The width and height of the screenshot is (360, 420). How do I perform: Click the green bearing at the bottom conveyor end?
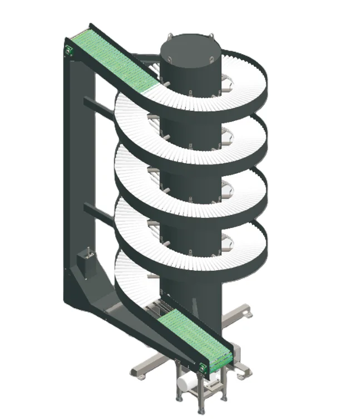(204, 367)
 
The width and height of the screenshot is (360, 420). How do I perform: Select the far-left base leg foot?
(135, 370)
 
